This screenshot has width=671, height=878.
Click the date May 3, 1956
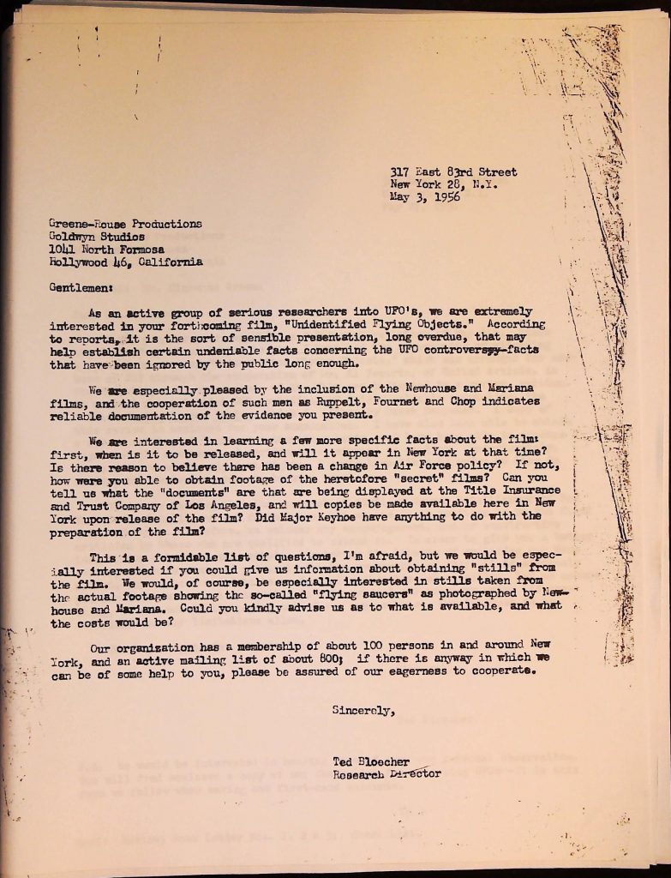[425, 196]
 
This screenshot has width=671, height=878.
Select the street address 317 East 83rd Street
[453, 171]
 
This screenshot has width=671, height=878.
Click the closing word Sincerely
[363, 710]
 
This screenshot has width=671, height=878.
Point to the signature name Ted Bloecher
[371, 761]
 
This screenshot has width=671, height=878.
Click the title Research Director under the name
[387, 774]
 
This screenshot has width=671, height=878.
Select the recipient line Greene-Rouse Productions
[125, 224]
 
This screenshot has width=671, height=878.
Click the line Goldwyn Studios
[97, 237]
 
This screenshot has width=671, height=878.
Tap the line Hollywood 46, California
[125, 262]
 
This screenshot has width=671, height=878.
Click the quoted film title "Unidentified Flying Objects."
[384, 325]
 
